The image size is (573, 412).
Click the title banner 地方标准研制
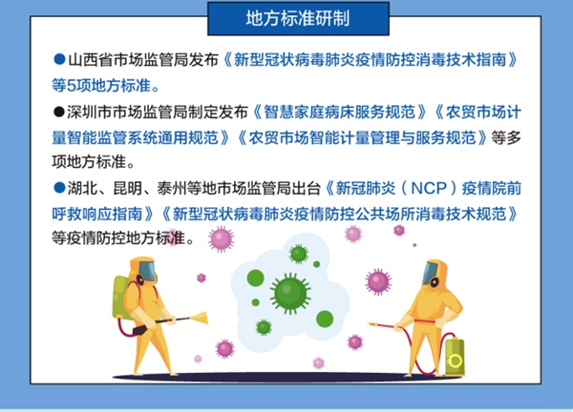point(298,19)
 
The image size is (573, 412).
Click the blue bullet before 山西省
point(59,59)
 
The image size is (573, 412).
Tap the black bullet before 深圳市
point(59,112)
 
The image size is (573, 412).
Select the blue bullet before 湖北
point(59,188)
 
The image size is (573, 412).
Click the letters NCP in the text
point(429,188)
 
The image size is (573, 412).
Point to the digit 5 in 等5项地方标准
point(72,86)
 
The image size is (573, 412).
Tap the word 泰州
point(172,188)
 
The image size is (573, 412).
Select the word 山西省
point(91,60)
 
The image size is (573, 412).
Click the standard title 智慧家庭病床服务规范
point(339,112)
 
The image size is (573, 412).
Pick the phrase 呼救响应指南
point(96,214)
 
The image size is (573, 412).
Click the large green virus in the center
point(290,294)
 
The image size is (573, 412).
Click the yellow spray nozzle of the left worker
point(199,318)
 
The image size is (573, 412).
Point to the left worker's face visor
point(147,270)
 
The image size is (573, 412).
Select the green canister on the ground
point(455,357)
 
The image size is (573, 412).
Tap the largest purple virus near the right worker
point(378,281)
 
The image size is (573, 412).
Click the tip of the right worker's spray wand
point(369,323)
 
